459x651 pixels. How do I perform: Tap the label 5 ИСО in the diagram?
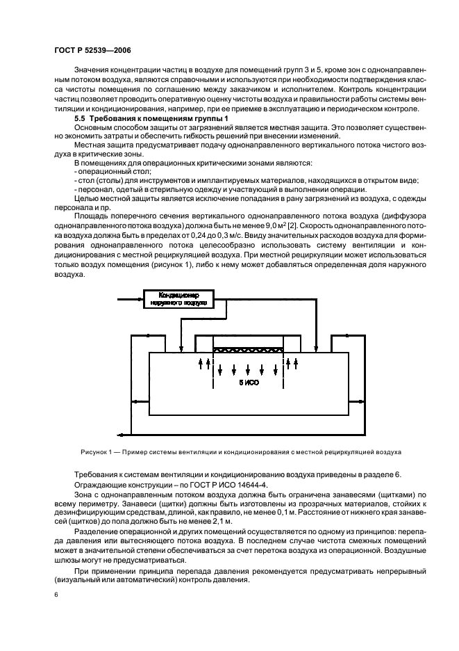(248, 383)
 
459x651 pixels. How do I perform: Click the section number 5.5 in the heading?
(81, 120)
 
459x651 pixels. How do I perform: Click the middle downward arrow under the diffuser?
(249, 369)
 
